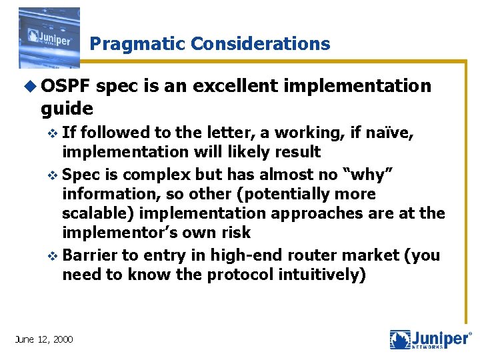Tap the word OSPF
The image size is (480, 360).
[66, 86]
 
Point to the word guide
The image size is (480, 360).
[67, 107]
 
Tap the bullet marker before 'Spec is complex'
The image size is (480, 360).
[54, 175]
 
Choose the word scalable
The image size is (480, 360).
[97, 213]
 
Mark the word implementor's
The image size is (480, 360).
[122, 233]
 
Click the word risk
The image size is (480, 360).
[235, 233]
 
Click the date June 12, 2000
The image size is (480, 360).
[44, 339]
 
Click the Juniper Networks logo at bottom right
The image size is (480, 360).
[430, 339]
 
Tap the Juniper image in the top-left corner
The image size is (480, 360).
[49, 38]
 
